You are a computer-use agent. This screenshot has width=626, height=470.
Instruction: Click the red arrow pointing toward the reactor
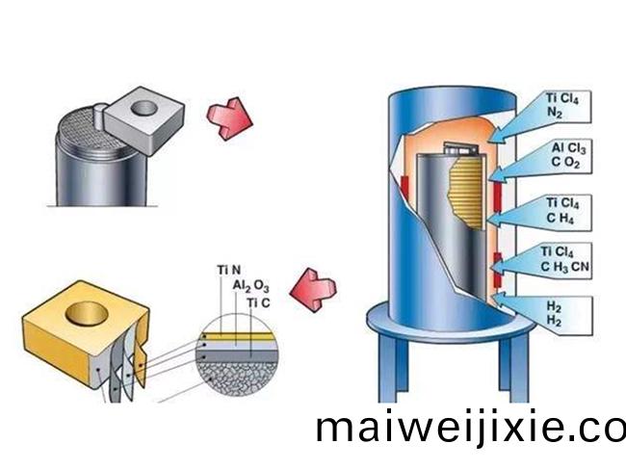[x=228, y=118]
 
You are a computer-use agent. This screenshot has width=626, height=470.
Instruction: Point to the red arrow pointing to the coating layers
[x=315, y=285]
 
